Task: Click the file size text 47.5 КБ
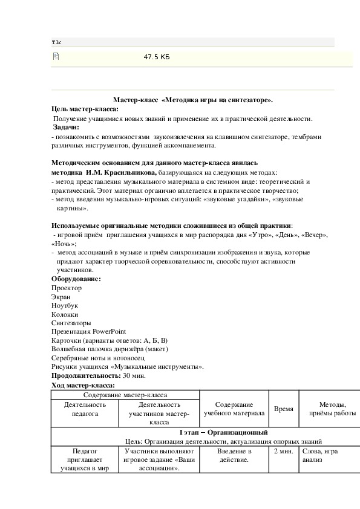(x=157, y=57)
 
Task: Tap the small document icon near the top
(x=56, y=57)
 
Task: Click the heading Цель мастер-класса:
(x=85, y=109)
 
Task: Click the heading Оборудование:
(x=76, y=279)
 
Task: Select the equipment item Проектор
(x=67, y=288)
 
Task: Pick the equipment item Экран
(x=61, y=297)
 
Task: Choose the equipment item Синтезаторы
(x=71, y=323)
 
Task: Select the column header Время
(x=284, y=409)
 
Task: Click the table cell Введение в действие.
(x=233, y=455)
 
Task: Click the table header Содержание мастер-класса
(x=125, y=394)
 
